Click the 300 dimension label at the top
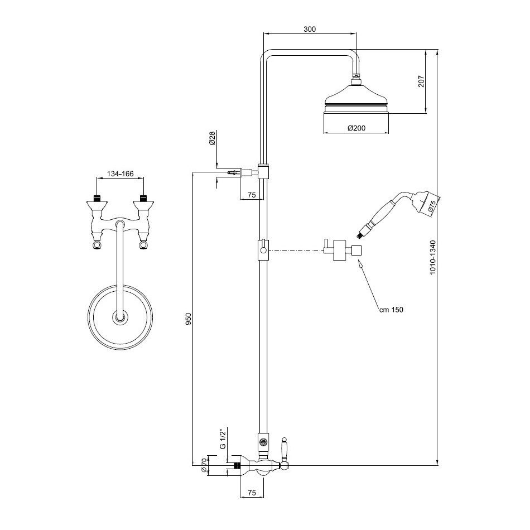coord(309,29)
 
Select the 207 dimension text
coord(421,81)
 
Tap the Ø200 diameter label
coord(356,128)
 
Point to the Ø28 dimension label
coord(212,138)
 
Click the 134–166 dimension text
coord(121,174)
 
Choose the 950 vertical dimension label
coord(189,319)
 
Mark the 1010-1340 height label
coord(433,257)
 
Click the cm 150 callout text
coord(391,310)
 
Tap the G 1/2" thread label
coord(223,439)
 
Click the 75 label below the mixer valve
coord(252,493)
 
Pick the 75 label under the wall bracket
coord(251,195)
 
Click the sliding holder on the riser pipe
coord(263,250)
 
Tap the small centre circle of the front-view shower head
coord(120,318)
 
